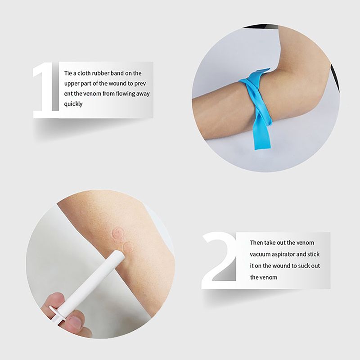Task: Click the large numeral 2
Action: (219, 261)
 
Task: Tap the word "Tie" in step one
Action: (68, 73)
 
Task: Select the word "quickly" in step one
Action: (73, 104)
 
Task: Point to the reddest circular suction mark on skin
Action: (117, 233)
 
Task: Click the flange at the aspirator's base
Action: (57, 314)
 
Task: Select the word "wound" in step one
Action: (117, 83)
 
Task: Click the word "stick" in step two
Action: (314, 254)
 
